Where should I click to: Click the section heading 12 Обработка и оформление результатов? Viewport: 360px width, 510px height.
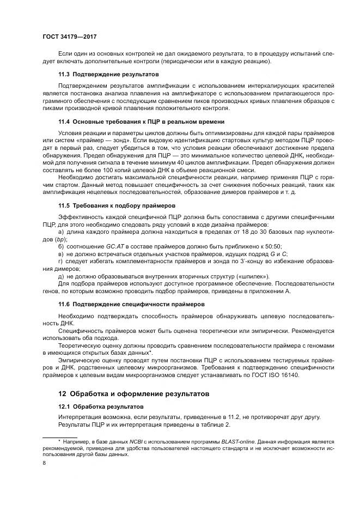click(x=134, y=393)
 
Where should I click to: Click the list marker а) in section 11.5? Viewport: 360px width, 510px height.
click(x=61, y=233)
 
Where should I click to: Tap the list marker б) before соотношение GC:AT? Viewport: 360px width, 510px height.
click(x=61, y=247)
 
